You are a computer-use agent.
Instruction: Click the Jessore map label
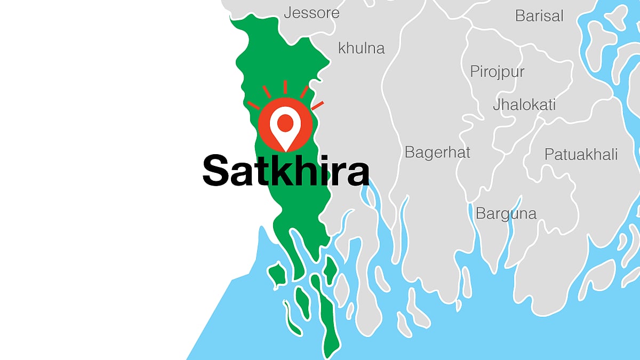[x=311, y=13]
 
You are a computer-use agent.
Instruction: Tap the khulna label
[x=361, y=48]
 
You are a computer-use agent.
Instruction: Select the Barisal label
[x=539, y=15]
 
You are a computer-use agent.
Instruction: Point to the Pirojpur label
[x=497, y=71]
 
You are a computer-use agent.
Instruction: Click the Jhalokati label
[x=524, y=104]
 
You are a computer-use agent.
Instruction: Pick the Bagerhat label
[x=437, y=153]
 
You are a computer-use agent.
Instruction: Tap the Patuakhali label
[x=581, y=155]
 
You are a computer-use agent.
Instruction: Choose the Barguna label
[x=506, y=213]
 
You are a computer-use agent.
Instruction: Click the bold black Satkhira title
[x=285, y=171]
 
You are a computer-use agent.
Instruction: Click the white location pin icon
[x=285, y=127]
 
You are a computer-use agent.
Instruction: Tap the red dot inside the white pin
[x=285, y=121]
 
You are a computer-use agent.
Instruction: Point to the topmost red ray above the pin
[x=285, y=87]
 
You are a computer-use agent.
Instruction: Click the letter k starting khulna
[x=342, y=48]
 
